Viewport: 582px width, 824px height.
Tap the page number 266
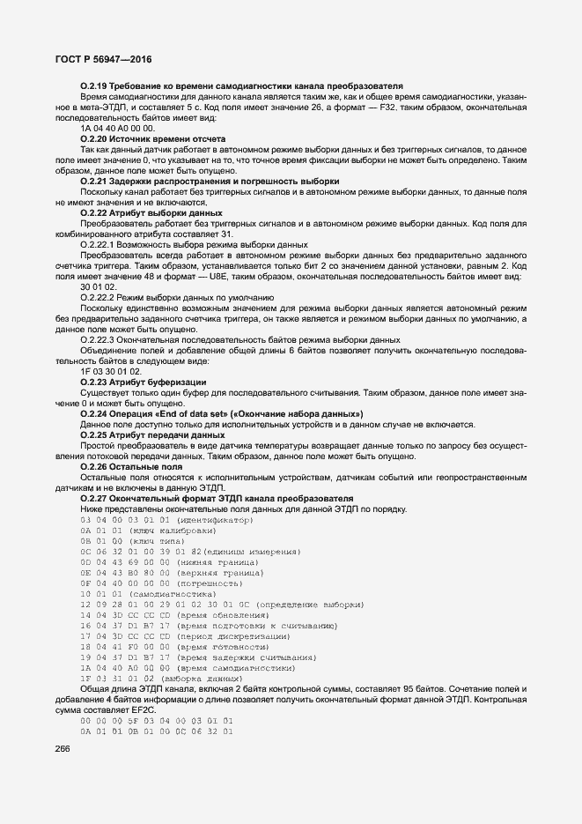pos(63,748)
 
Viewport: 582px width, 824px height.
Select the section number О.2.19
pos(93,85)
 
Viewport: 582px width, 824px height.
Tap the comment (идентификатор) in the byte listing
pos(215,521)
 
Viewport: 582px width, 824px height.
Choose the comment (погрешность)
pos(210,583)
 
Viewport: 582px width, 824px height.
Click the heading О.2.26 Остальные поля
pos(131,467)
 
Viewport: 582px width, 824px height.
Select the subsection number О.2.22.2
pos(99,298)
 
